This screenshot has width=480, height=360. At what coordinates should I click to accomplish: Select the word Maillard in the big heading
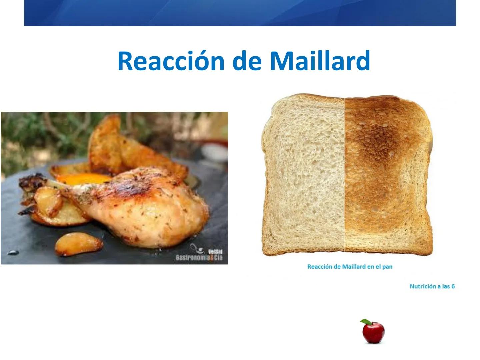(x=320, y=61)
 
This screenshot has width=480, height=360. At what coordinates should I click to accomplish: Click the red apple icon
(x=374, y=333)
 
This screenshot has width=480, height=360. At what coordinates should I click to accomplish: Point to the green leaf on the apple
(x=365, y=322)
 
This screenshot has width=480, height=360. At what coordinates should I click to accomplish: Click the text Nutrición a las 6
(x=432, y=286)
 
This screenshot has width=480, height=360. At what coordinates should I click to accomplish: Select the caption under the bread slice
(x=350, y=267)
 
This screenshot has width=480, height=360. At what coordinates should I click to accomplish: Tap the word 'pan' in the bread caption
(x=387, y=267)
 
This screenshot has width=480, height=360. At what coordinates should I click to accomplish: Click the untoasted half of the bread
(x=303, y=177)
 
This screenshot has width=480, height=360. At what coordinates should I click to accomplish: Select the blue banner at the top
(x=240, y=13)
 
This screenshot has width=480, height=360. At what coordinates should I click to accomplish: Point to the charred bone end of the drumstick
(x=32, y=182)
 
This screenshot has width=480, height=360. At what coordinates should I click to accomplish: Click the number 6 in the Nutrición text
(x=453, y=286)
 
